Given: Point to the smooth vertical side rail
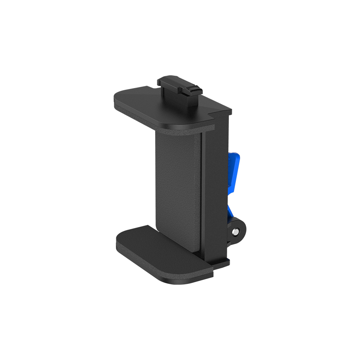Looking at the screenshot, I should coord(215,186).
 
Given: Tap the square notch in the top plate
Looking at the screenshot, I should coord(216,109).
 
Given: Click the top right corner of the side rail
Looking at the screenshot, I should coord(230,111).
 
